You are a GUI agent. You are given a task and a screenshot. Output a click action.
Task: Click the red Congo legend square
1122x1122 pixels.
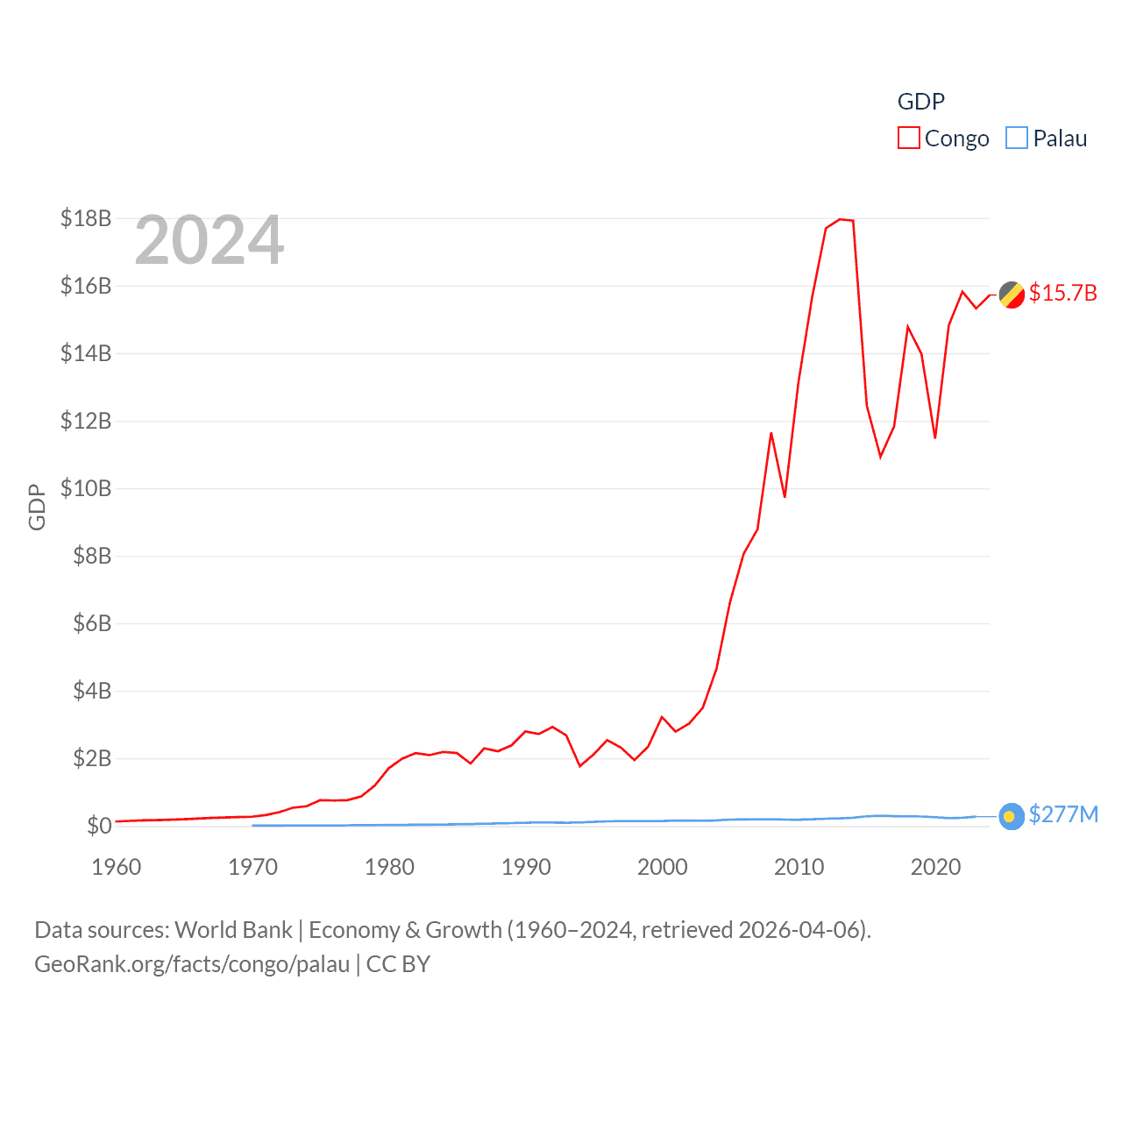coord(909,138)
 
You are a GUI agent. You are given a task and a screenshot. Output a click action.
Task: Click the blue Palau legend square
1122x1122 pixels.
coord(1017,138)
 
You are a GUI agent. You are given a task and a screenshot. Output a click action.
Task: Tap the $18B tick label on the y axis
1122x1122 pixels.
coord(86,218)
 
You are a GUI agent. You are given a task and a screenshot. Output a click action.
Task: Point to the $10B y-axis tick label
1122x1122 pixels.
coord(86,488)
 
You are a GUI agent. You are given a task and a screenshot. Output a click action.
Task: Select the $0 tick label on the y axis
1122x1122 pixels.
coord(99,826)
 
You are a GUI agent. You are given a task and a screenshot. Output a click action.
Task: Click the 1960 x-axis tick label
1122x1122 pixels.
coord(117,867)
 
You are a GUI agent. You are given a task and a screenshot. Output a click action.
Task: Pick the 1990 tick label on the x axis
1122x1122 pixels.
coord(526,867)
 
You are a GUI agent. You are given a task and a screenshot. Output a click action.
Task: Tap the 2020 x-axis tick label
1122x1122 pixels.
coord(935,867)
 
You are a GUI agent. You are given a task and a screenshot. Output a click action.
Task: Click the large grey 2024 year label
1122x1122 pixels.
coord(209,240)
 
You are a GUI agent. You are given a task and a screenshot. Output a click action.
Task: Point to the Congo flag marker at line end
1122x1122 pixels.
coord(1012,295)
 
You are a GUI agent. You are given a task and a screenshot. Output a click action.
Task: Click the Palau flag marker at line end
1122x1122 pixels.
coord(1012,817)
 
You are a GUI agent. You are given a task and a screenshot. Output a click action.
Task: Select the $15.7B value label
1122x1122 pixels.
coord(1063,293)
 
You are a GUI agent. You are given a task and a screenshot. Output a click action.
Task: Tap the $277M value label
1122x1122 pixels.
coord(1063,814)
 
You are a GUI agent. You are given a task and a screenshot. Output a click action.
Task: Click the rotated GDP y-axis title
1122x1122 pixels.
coord(37,507)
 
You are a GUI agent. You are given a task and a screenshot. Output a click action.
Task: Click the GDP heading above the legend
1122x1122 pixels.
coord(921,102)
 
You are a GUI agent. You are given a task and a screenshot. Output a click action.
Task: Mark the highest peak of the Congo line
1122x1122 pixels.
coord(840,219)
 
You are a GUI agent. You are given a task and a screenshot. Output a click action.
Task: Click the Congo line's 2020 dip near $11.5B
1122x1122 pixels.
coord(935,437)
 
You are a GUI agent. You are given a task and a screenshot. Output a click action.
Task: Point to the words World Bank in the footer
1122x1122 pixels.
coord(234,930)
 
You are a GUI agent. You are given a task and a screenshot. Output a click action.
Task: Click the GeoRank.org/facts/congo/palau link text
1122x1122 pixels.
coord(192,964)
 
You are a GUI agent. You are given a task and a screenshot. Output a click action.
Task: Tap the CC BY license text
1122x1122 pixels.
coord(399,964)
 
